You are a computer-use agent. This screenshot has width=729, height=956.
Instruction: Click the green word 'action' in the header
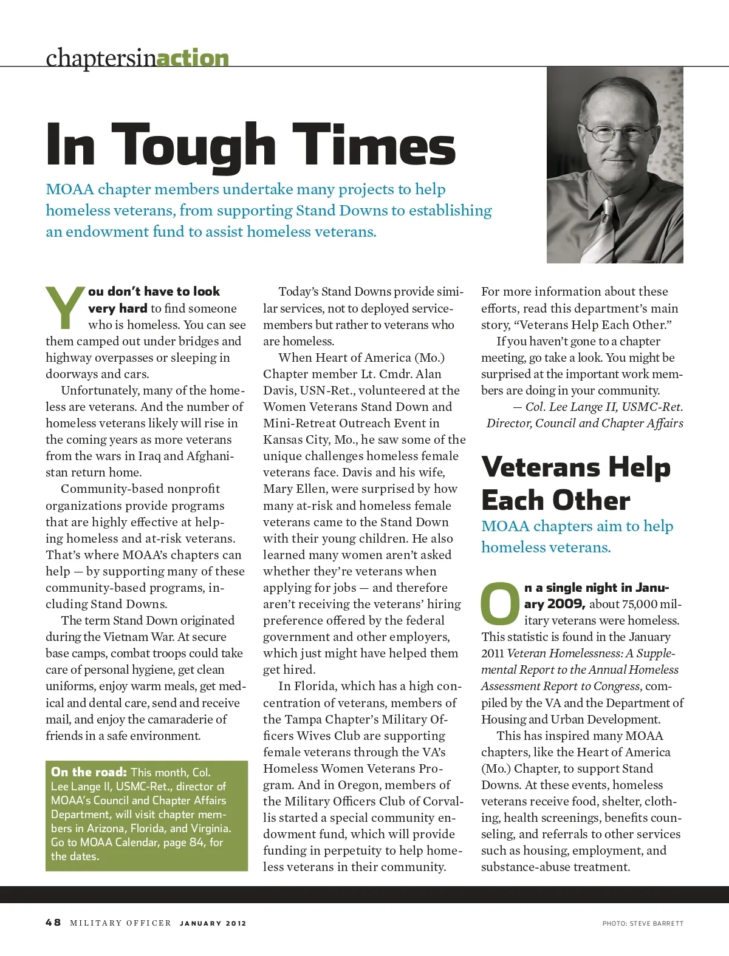pyautogui.click(x=193, y=58)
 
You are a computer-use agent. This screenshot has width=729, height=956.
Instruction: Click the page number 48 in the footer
pyautogui.click(x=53, y=922)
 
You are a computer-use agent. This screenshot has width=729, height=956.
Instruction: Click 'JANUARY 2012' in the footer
pyautogui.click(x=213, y=923)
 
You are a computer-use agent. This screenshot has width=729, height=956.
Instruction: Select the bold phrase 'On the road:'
pyautogui.click(x=89, y=772)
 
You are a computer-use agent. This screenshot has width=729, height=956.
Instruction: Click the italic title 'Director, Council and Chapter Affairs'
pyautogui.click(x=584, y=423)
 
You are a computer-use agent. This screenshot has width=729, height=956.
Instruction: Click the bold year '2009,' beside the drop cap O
pyautogui.click(x=566, y=604)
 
